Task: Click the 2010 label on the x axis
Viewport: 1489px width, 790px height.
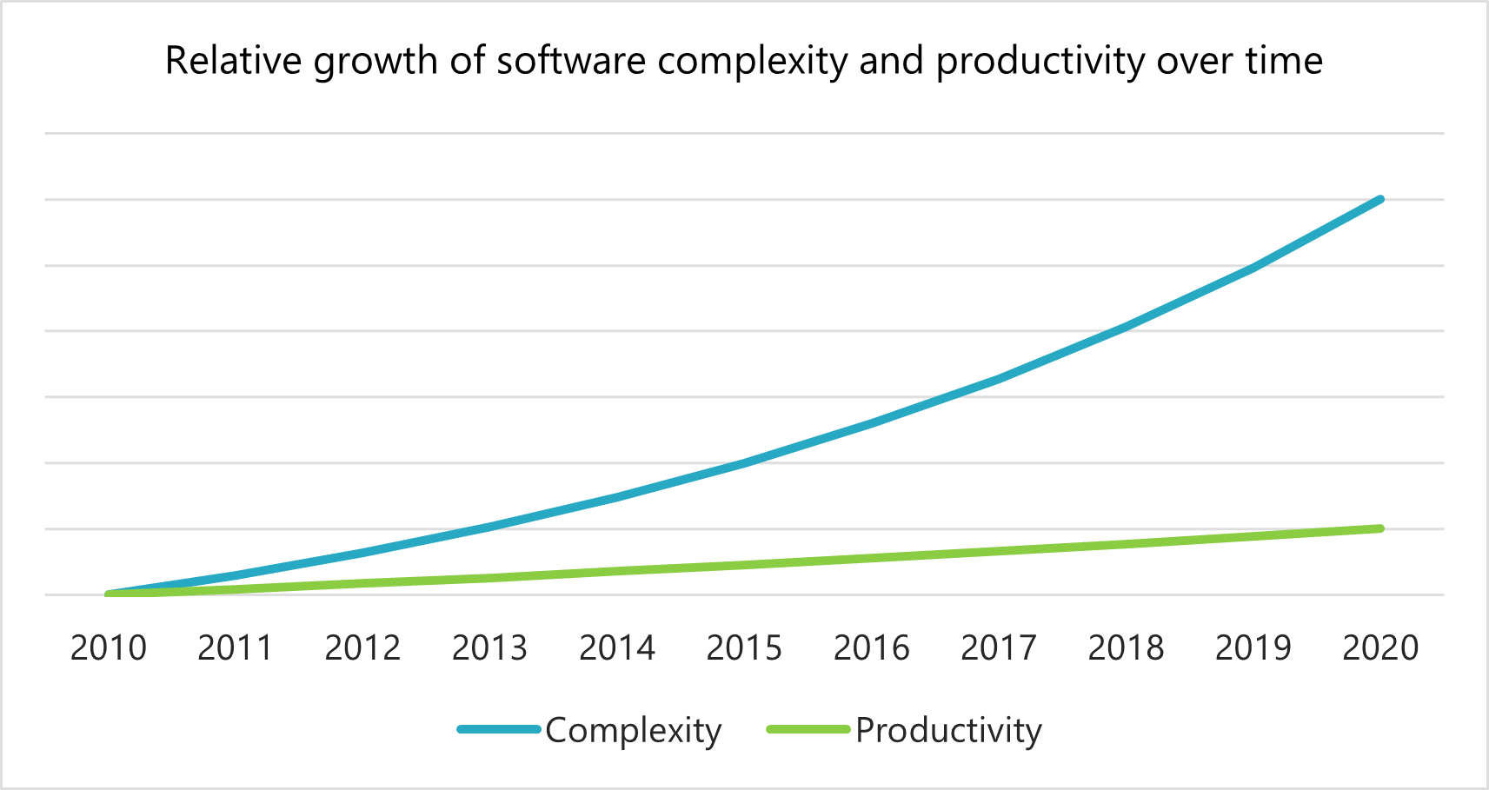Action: [x=108, y=648]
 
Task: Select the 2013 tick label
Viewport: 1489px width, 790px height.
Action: [x=489, y=648]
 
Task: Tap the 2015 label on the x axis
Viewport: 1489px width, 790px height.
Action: [x=744, y=648]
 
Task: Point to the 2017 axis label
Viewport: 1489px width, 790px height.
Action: [x=998, y=648]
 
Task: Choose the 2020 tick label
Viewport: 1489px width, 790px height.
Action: [x=1380, y=648]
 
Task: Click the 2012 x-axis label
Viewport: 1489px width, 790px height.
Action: [x=362, y=648]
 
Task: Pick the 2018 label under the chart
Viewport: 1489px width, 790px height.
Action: [x=1126, y=648]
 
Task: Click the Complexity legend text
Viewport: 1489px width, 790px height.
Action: [x=633, y=730]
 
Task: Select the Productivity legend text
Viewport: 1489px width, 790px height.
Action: [x=948, y=730]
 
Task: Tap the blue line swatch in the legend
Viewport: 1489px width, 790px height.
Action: [x=499, y=729]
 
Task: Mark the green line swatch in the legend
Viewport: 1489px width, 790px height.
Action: [x=808, y=729]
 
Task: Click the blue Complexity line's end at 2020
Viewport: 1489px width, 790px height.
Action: [x=1380, y=200]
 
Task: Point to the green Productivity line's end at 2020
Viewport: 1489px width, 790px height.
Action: [x=1380, y=528]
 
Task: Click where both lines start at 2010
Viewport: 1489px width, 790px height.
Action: [x=109, y=594]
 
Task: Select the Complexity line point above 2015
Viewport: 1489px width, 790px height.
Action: [x=744, y=463]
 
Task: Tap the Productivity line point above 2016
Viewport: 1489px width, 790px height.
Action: [x=871, y=558]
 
